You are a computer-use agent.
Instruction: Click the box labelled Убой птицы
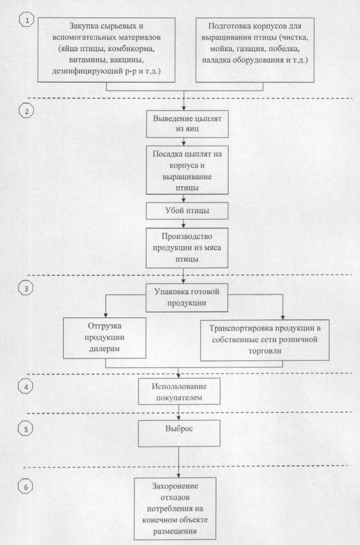(x=187, y=211)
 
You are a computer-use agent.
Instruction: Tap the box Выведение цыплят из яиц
(x=187, y=124)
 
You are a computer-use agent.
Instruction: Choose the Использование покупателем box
(x=179, y=392)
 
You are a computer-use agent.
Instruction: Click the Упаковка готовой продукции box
(x=187, y=298)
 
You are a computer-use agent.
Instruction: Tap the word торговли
(x=264, y=350)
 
